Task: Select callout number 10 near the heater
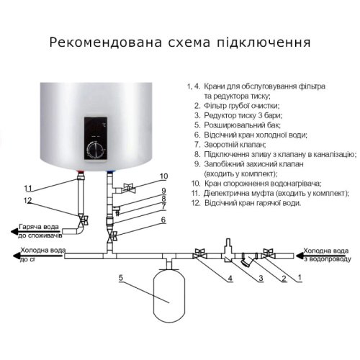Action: coord(163,176)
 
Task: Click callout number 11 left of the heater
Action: coord(28,188)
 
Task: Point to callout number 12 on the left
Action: coord(28,200)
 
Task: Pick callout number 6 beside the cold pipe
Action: coord(163,220)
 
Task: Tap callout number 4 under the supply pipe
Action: coord(230,277)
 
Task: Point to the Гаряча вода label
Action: coord(35,228)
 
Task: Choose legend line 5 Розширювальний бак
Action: coord(240,125)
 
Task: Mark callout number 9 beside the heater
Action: coord(163,190)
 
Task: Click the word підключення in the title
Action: coord(266,42)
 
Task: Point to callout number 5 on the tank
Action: coord(121,277)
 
